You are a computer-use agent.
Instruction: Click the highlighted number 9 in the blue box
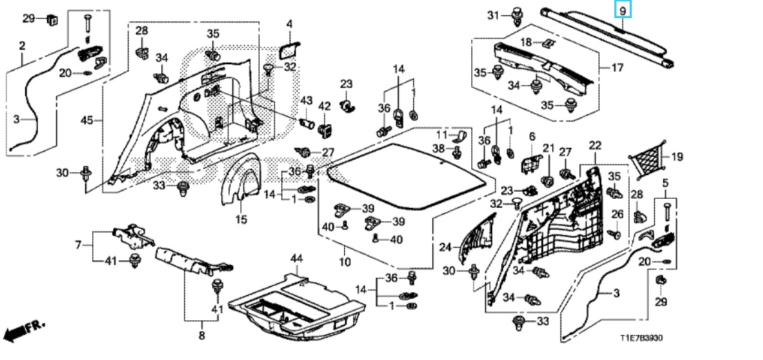point(623,9)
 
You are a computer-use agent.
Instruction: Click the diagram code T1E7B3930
point(641,338)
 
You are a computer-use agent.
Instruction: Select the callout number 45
point(87,120)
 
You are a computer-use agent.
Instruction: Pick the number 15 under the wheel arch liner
point(242,219)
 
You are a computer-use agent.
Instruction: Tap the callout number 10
point(345,262)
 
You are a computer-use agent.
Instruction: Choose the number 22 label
point(595,145)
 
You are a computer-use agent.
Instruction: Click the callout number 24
point(446,247)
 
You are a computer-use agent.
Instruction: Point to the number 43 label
point(306,100)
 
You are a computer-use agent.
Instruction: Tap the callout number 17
point(617,68)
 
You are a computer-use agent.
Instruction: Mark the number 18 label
point(526,43)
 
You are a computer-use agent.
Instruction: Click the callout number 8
point(202,335)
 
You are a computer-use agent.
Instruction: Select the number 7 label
point(78,245)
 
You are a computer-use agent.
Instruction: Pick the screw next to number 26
point(615,234)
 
